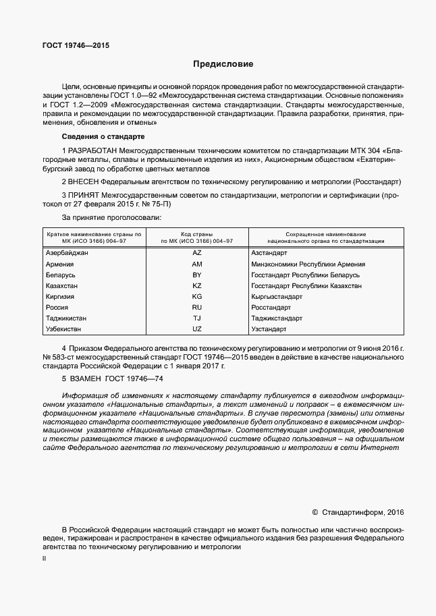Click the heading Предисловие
pos(223,65)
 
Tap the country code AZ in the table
pos(197,252)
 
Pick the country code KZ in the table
pos(197,286)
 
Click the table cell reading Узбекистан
pos(63,329)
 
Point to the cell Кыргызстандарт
pos(277,297)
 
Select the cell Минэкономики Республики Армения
pos(308,264)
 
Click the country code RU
pos(197,307)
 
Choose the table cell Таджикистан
pos(66,318)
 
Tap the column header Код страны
pos(197,233)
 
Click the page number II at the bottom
pos(45,559)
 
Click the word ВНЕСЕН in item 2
pos(84,182)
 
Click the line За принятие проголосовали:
pos(112,217)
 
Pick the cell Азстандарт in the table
pos(269,252)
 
